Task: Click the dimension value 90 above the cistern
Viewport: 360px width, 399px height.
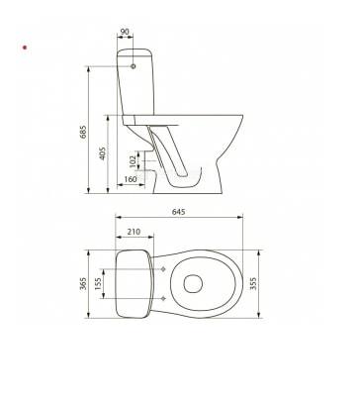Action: pos(125,32)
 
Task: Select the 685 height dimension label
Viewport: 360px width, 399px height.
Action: pos(83,132)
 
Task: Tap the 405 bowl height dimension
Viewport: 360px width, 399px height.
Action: pos(103,153)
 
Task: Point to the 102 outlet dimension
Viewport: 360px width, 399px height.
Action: pos(133,161)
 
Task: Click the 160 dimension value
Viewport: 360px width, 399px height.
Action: pos(131,179)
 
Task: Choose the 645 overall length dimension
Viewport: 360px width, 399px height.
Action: pos(179,212)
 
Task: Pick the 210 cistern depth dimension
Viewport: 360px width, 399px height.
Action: pos(134,232)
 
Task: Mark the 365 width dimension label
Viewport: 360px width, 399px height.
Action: pos(83,284)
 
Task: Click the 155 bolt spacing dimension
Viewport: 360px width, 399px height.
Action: pos(98,283)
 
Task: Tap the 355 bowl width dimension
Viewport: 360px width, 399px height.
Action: pos(253,284)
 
